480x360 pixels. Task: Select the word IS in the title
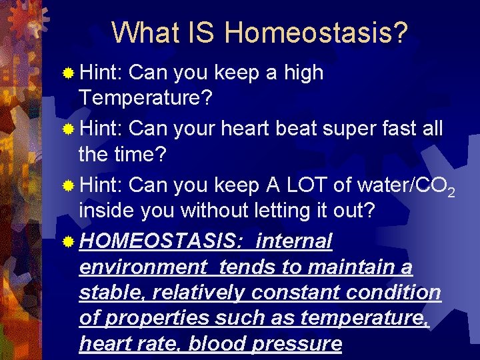pyautogui.click(x=202, y=32)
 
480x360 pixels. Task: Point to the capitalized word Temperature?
pyautogui.click(x=145, y=98)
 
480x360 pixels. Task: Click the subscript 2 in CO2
pyautogui.click(x=451, y=193)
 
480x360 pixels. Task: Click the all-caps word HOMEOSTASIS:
pyautogui.click(x=163, y=241)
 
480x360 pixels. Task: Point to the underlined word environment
pyautogui.click(x=143, y=267)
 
